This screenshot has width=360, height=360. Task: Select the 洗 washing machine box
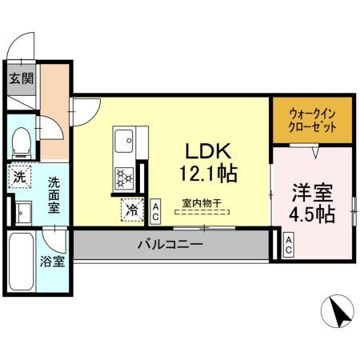tap(19, 177)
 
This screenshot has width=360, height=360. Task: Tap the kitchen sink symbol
tap(124, 143)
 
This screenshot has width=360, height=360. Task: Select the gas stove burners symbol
tap(124, 176)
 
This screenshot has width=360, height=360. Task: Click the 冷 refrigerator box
tap(131, 211)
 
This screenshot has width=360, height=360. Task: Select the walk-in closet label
tap(311, 121)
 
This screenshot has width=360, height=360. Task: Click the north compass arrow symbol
tap(339, 310)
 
